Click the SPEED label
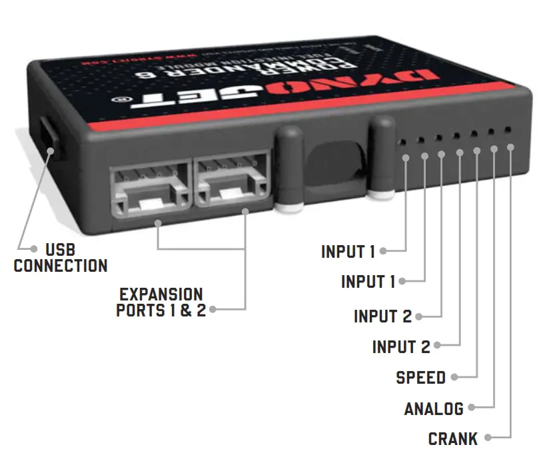coord(420,378)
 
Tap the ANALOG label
coord(434,408)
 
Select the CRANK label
coord(453,439)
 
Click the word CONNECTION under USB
coord(61,266)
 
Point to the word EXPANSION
coord(161,294)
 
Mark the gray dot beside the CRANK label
coord(488,438)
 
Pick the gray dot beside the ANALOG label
coord(471,408)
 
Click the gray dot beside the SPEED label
coord(454,377)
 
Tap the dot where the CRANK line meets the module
coord(511,146)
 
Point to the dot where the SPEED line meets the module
coord(476,151)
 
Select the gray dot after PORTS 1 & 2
coord(213,309)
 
